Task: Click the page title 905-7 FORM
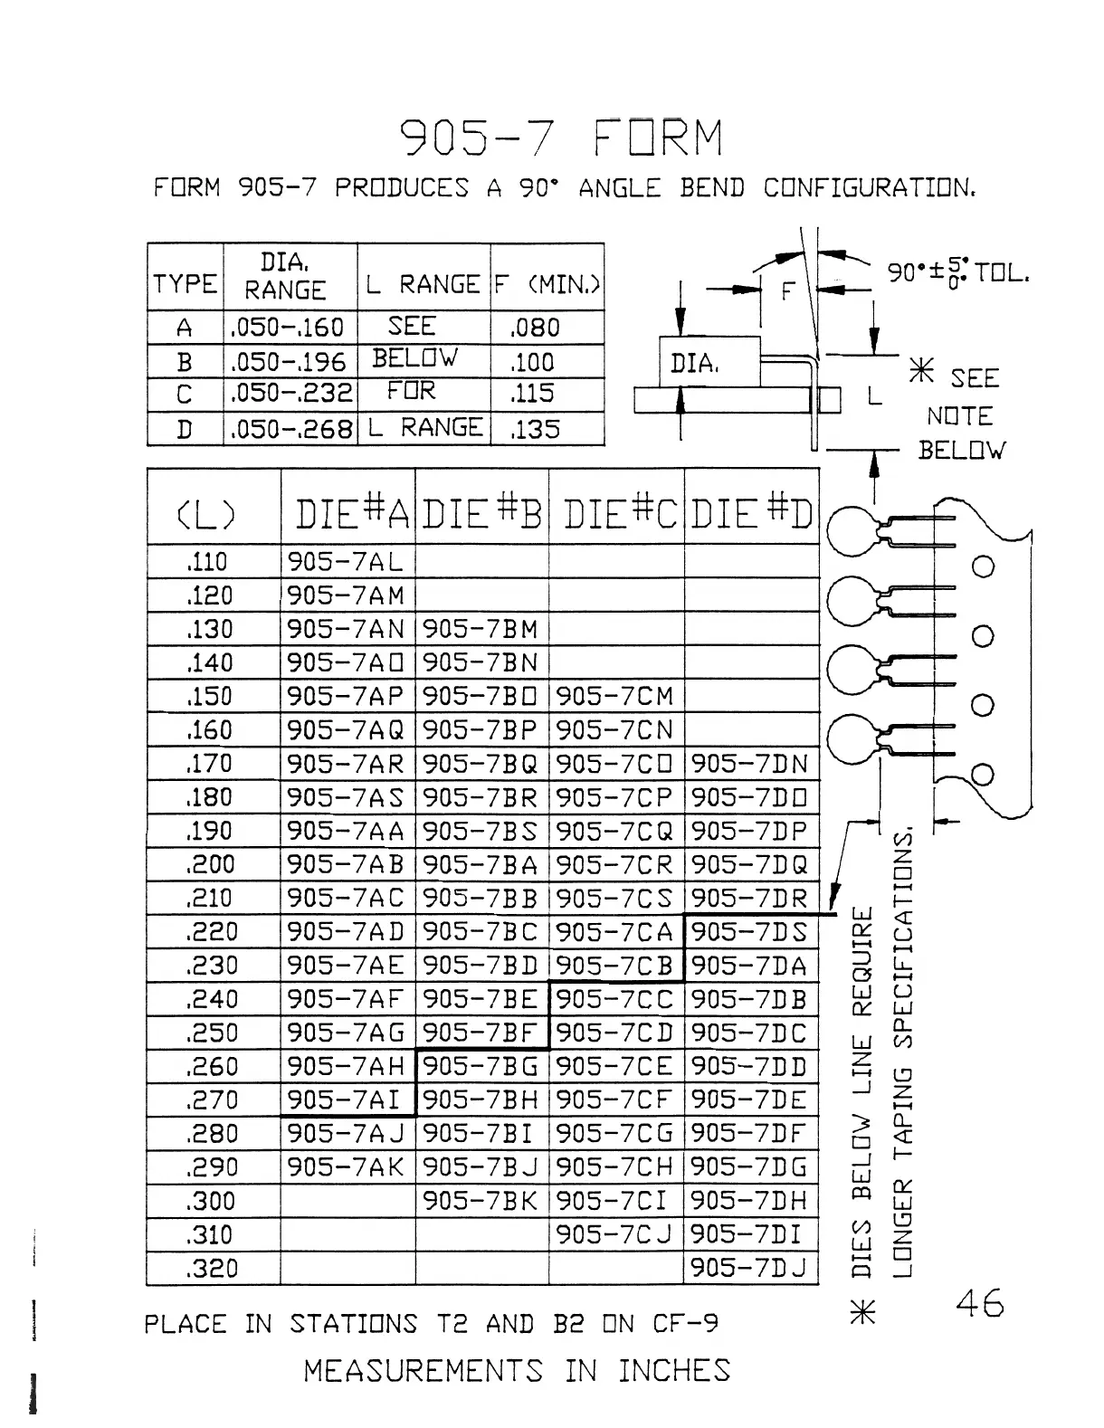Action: tap(561, 139)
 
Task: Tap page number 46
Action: tap(979, 1305)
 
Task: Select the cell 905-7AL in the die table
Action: tap(344, 562)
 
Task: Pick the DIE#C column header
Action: tap(616, 515)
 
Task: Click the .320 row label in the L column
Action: tap(211, 1269)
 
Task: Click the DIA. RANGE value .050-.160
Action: tap(288, 328)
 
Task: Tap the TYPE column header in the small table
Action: tap(186, 284)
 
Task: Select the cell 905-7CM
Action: tap(615, 697)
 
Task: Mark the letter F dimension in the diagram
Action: tap(787, 291)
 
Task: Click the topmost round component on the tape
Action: tap(851, 528)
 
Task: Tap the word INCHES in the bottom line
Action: tap(674, 1371)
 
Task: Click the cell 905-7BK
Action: tap(481, 1202)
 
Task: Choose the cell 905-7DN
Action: tap(749, 765)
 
